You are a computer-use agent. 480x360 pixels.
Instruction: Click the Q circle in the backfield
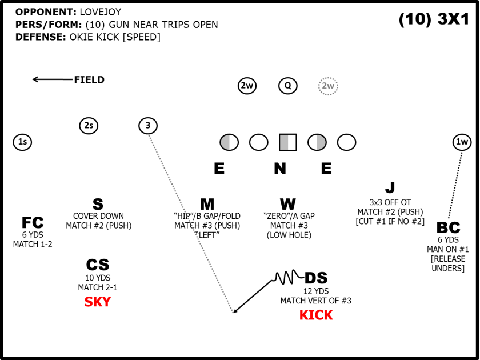(288, 86)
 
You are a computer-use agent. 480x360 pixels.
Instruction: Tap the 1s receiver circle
(22, 142)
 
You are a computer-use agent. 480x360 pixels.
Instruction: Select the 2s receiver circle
(89, 126)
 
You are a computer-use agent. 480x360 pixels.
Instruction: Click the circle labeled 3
(148, 126)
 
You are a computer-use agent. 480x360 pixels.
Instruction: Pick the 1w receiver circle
(462, 142)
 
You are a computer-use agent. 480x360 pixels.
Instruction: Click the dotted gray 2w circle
(328, 86)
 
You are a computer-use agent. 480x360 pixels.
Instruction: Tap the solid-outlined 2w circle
(247, 86)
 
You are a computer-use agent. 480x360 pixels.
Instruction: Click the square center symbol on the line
(288, 142)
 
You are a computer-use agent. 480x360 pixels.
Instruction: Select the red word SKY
(98, 302)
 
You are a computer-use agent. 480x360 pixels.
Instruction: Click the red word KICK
(316, 315)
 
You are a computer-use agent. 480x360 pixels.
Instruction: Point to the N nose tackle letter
(279, 169)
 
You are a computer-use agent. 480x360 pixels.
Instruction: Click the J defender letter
(390, 187)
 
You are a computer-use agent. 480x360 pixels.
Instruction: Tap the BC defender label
(448, 228)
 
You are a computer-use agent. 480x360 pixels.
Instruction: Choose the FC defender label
(33, 223)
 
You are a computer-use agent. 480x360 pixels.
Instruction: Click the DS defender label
(316, 278)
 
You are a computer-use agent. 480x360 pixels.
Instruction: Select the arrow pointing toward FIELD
(51, 79)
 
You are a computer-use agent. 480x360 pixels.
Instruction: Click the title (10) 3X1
(434, 19)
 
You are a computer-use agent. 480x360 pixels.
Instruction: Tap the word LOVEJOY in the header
(100, 11)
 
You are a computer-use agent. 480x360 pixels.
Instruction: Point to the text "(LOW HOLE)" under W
(289, 235)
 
